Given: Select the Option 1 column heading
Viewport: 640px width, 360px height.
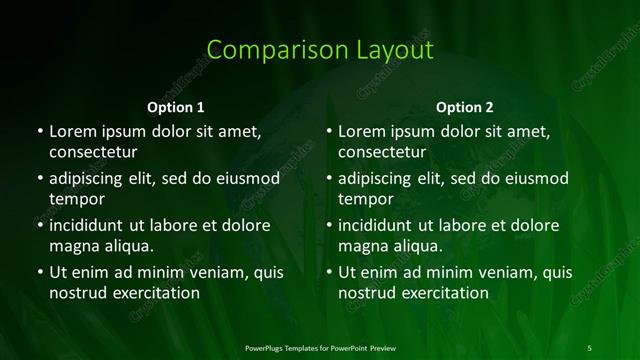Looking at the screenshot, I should [176, 107].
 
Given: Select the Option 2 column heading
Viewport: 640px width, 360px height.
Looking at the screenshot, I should [465, 107].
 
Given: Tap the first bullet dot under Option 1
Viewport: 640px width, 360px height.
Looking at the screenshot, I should [40, 131].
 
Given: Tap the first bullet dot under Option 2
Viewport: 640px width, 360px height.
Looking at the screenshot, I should [329, 131].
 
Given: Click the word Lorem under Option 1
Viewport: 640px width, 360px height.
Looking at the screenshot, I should [73, 131].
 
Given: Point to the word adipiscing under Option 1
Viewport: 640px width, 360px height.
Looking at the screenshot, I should [91, 179].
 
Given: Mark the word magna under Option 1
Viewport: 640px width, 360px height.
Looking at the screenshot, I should [73, 246].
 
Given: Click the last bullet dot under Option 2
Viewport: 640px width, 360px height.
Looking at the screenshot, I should [329, 272].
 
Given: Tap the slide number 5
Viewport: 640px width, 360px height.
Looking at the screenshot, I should [589, 348].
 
